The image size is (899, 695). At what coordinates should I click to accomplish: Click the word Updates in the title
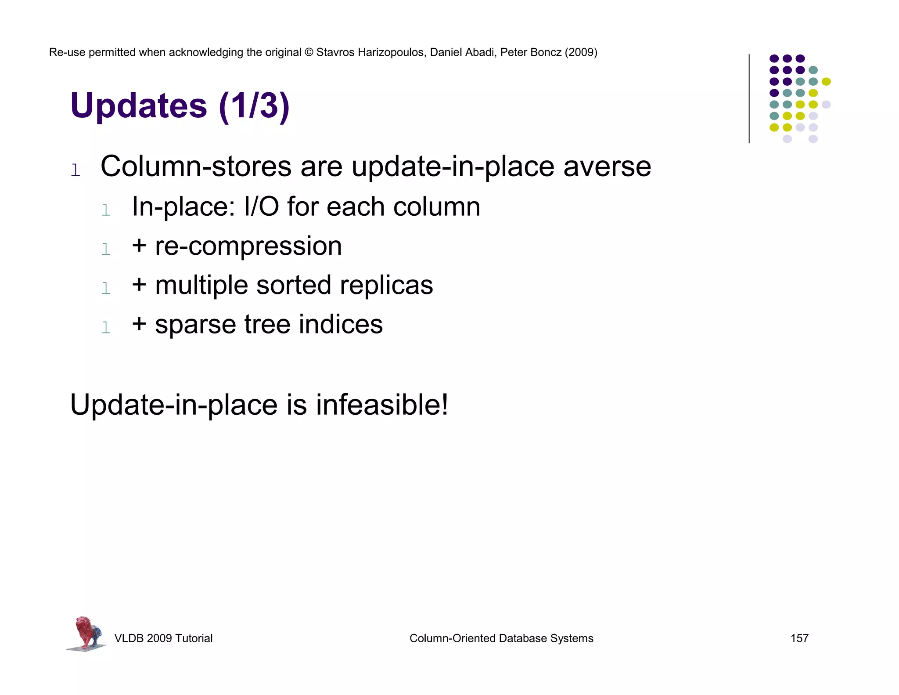(138, 106)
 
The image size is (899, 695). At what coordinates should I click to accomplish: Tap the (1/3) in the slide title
(254, 106)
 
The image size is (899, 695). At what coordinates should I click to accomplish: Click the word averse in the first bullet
(607, 167)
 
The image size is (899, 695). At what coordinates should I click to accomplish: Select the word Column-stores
(196, 167)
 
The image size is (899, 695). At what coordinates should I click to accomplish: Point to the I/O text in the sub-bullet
(261, 206)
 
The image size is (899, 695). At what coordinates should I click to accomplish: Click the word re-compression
(248, 246)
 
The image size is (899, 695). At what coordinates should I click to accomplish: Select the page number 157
(799, 638)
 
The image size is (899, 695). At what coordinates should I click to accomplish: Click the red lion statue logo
(86, 633)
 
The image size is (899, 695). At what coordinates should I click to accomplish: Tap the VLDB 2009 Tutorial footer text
(163, 638)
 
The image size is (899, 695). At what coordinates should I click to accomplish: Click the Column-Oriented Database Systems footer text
(501, 638)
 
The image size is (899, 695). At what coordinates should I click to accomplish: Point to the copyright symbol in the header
(309, 52)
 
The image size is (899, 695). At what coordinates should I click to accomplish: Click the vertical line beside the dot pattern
(749, 99)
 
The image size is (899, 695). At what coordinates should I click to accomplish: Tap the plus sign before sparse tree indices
(139, 323)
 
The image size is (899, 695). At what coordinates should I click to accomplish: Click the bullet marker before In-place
(106, 210)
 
